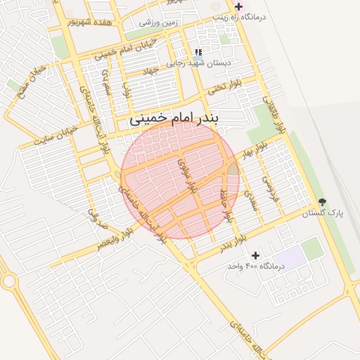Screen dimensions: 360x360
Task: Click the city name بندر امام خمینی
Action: click(x=174, y=120)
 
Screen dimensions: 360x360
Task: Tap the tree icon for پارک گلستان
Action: click(x=322, y=202)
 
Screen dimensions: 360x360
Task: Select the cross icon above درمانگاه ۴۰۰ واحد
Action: click(x=255, y=255)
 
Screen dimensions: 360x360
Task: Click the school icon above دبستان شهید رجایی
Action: click(x=199, y=53)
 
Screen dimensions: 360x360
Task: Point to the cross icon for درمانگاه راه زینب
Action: click(x=238, y=6)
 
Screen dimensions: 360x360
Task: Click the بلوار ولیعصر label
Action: click(x=112, y=238)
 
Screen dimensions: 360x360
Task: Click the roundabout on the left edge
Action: click(x=8, y=282)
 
